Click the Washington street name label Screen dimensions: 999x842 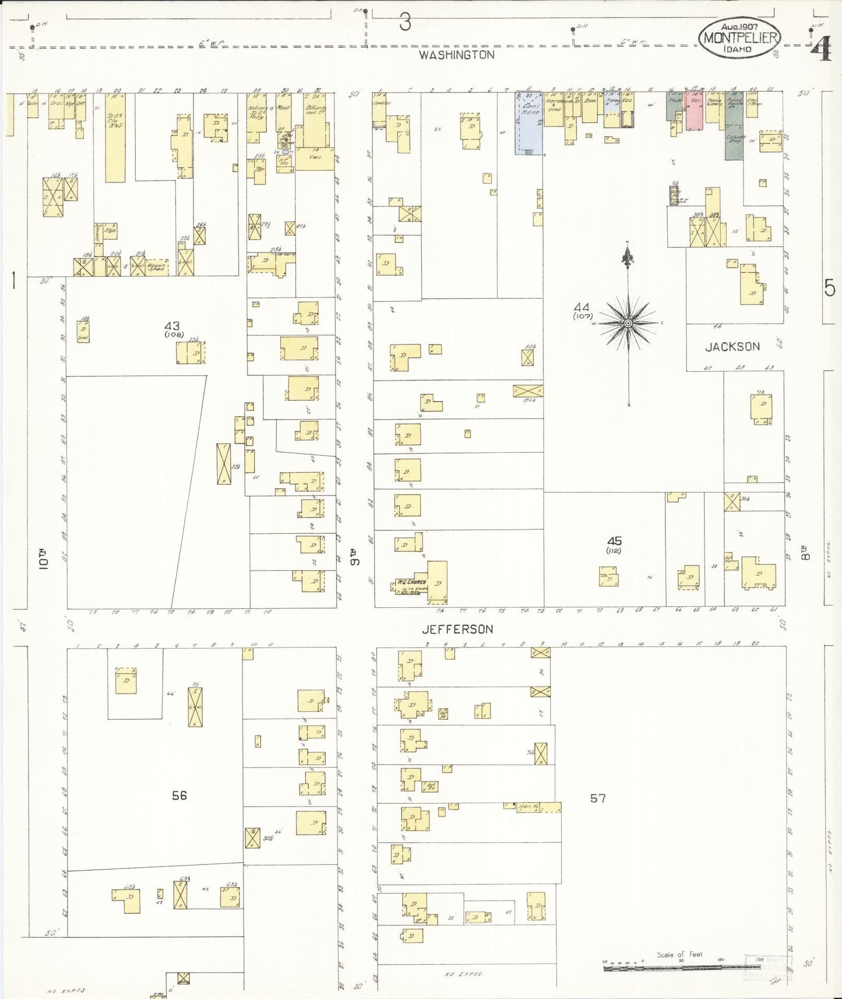click(457, 55)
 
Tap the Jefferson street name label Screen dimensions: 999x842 click(458, 629)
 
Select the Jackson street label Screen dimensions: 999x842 click(732, 347)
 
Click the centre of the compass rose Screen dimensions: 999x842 click(628, 323)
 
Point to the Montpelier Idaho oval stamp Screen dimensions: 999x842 click(740, 37)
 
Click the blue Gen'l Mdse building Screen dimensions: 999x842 click(529, 122)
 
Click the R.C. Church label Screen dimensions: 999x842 click(412, 582)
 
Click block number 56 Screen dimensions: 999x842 click(179, 795)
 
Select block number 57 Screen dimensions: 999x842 click(598, 798)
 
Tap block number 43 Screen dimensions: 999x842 click(172, 326)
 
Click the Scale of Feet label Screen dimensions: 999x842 click(679, 955)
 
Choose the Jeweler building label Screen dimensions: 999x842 click(383, 103)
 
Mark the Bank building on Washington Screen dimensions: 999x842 click(590, 108)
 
